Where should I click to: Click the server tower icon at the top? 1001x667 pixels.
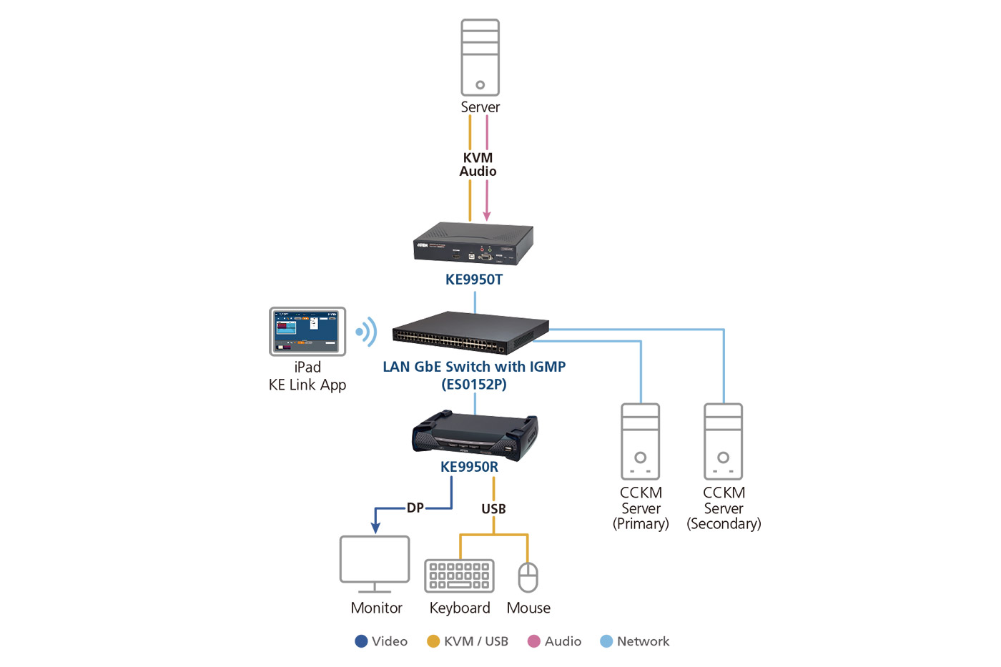coord(480,57)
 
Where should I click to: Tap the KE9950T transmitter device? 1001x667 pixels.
coord(473,244)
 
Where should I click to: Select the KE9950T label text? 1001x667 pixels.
coord(473,280)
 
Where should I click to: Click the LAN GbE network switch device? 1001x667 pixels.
coord(470,333)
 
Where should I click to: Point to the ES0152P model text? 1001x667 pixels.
coord(473,385)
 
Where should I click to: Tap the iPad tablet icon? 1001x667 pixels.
coord(307,332)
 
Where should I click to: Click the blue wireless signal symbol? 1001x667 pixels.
coord(367,332)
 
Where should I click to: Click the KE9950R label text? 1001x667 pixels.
coord(469,467)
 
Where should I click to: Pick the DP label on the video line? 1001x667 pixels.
coord(415,508)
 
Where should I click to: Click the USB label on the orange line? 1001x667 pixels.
coord(493,509)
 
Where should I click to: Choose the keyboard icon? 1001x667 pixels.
coord(459,576)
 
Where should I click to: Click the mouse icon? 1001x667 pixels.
coord(528,578)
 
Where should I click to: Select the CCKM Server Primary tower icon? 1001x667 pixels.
coord(641,441)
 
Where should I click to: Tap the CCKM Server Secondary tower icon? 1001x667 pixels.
coord(724,441)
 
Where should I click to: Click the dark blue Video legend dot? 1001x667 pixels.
coord(362,641)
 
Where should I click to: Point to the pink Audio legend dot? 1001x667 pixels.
coord(533,641)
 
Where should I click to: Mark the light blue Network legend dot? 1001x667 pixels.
coord(606,641)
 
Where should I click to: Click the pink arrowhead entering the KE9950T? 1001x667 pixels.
coord(487,215)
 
